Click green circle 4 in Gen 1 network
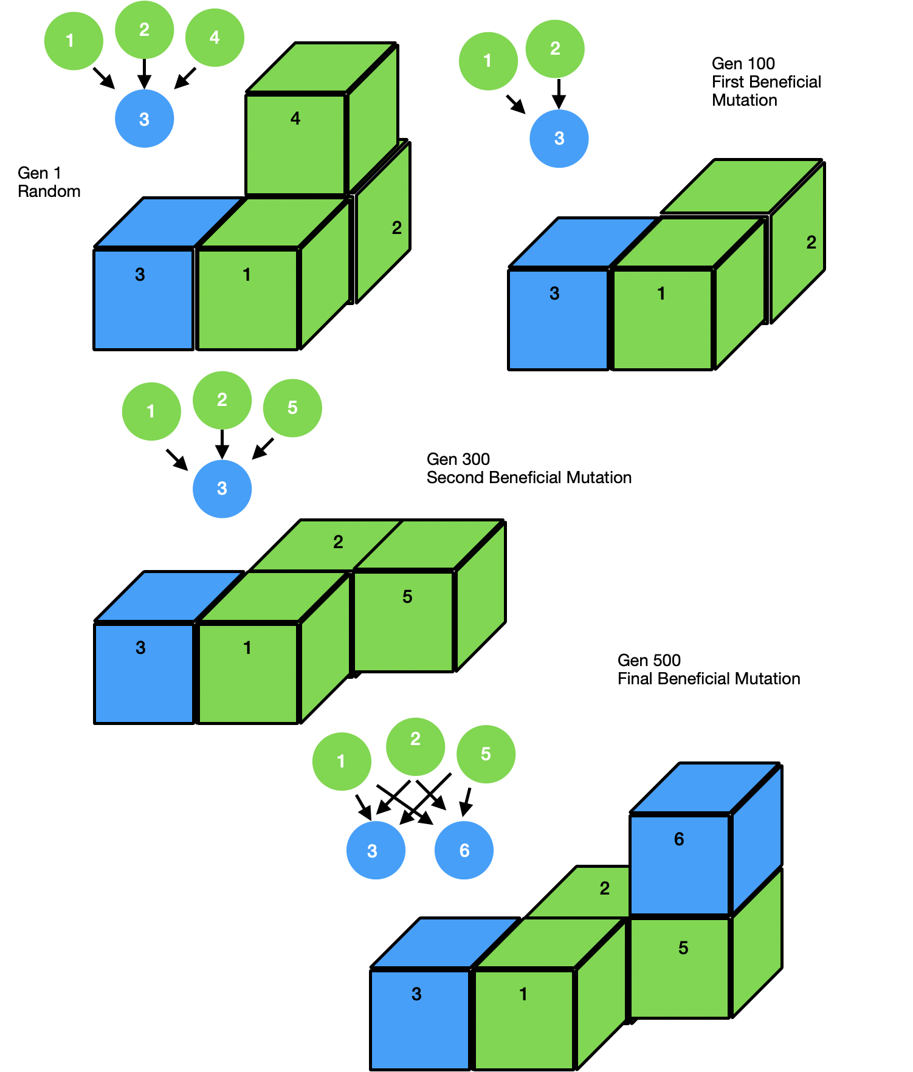coord(215,38)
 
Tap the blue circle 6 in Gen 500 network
coord(464,850)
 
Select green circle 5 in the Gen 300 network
coord(292,408)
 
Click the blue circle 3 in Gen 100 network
coord(559,139)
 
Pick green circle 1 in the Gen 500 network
coord(341,761)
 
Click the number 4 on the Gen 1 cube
coord(295,119)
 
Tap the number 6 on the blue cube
coord(679,839)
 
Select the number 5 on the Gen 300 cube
coord(407,597)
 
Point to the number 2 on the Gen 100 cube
coord(811,242)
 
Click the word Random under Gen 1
coord(49,191)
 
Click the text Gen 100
coord(743,64)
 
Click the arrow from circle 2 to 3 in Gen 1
coord(144,74)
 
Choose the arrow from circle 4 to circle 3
coord(185,78)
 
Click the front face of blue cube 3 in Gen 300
coord(144,673)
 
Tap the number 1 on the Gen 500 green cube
coord(523,994)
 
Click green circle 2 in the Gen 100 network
coord(554,49)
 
